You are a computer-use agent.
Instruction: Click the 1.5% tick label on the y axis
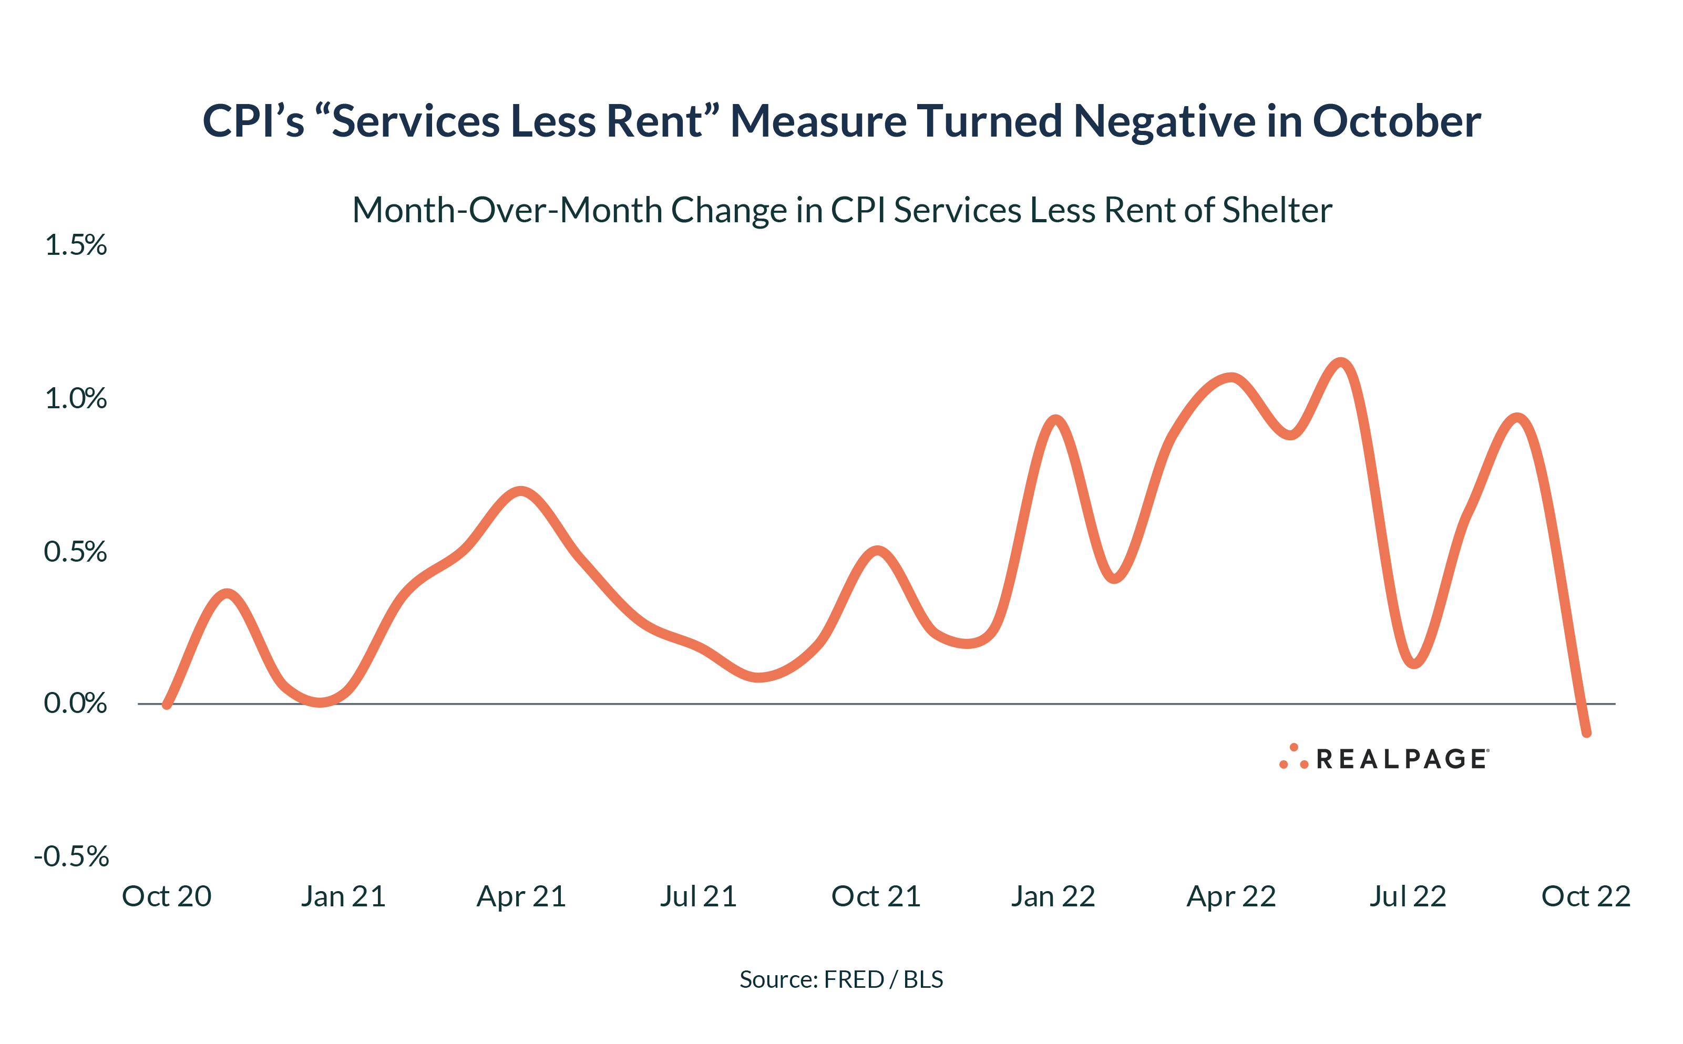(75, 245)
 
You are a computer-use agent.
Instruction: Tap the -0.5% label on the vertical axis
(71, 856)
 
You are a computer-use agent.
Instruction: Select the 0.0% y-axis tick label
(75, 703)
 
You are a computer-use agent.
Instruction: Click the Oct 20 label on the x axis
(167, 896)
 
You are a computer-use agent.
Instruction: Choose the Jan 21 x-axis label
(343, 896)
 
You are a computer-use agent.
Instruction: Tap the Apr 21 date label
(521, 896)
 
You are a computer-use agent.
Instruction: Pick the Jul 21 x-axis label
(698, 896)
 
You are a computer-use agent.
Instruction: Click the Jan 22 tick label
(1053, 896)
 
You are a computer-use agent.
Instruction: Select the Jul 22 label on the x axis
(1408, 896)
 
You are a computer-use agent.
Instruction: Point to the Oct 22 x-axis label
(1586, 896)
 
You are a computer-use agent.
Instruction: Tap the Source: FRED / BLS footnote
(841, 979)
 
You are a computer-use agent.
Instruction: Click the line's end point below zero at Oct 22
(1586, 732)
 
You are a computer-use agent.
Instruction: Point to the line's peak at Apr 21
(521, 492)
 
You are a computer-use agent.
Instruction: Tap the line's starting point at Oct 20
(167, 704)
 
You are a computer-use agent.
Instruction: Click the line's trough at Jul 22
(1414, 664)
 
